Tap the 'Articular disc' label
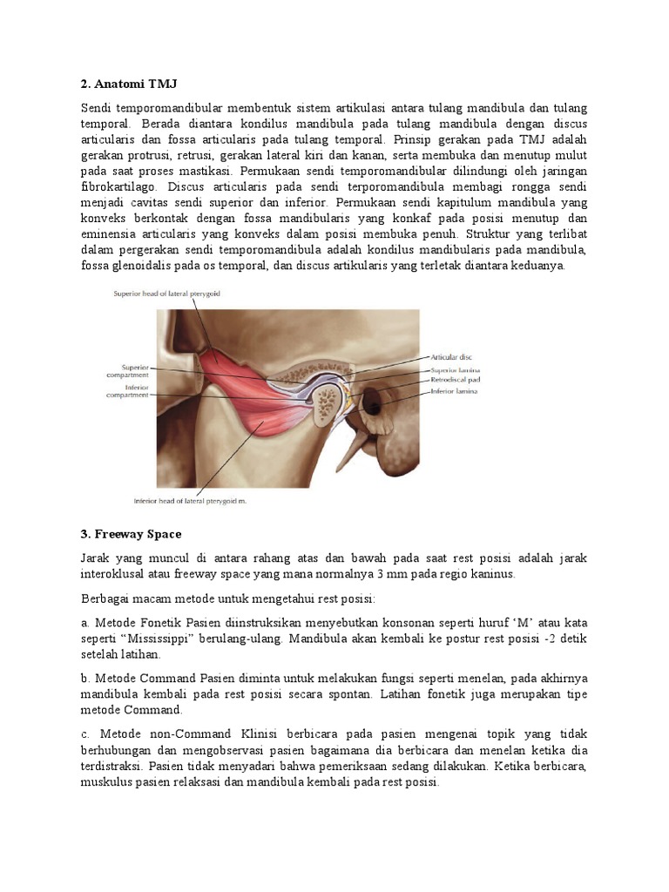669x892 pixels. click(x=452, y=356)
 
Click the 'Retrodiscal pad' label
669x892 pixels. click(x=455, y=380)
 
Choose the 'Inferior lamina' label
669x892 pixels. click(x=454, y=391)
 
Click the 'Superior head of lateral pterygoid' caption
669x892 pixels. click(x=167, y=294)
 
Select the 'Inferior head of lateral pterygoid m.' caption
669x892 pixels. click(x=195, y=501)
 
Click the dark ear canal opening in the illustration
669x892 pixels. click(x=374, y=402)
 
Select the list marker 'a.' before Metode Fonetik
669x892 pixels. click(x=84, y=623)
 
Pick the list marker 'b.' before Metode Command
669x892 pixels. click(x=84, y=679)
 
